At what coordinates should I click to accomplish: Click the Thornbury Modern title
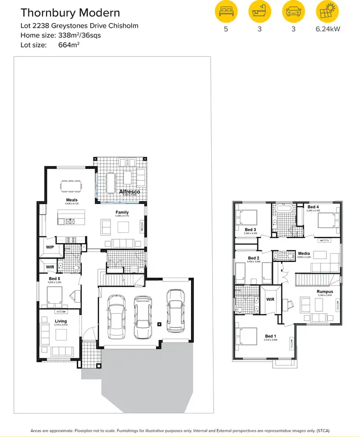pyautogui.click(x=70, y=12)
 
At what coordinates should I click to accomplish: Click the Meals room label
pyautogui.click(x=72, y=200)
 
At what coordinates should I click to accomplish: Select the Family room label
pyautogui.click(x=122, y=212)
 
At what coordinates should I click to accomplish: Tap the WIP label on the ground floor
pyautogui.click(x=50, y=248)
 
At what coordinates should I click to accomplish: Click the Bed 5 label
pyautogui.click(x=55, y=278)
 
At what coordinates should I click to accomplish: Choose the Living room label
pyautogui.click(x=60, y=321)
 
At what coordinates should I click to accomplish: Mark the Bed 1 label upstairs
pyautogui.click(x=270, y=336)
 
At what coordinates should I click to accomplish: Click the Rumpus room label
pyautogui.click(x=324, y=291)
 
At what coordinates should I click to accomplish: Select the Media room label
pyautogui.click(x=304, y=253)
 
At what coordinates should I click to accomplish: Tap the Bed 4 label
pyautogui.click(x=313, y=207)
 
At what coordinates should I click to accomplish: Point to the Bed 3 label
pyautogui.click(x=251, y=230)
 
